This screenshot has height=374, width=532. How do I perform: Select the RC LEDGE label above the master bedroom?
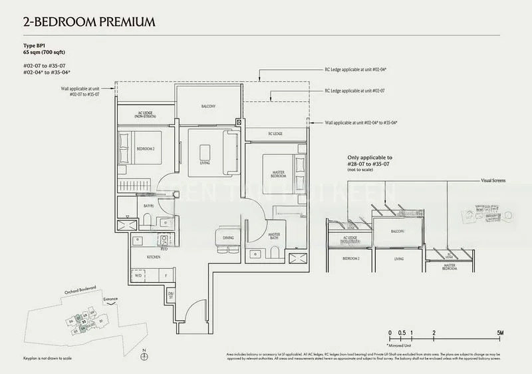click(275, 134)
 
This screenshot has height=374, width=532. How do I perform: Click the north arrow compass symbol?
click(144, 357)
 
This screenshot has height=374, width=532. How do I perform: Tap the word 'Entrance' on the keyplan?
click(110, 299)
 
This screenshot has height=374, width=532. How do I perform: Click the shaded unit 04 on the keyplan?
click(83, 329)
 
